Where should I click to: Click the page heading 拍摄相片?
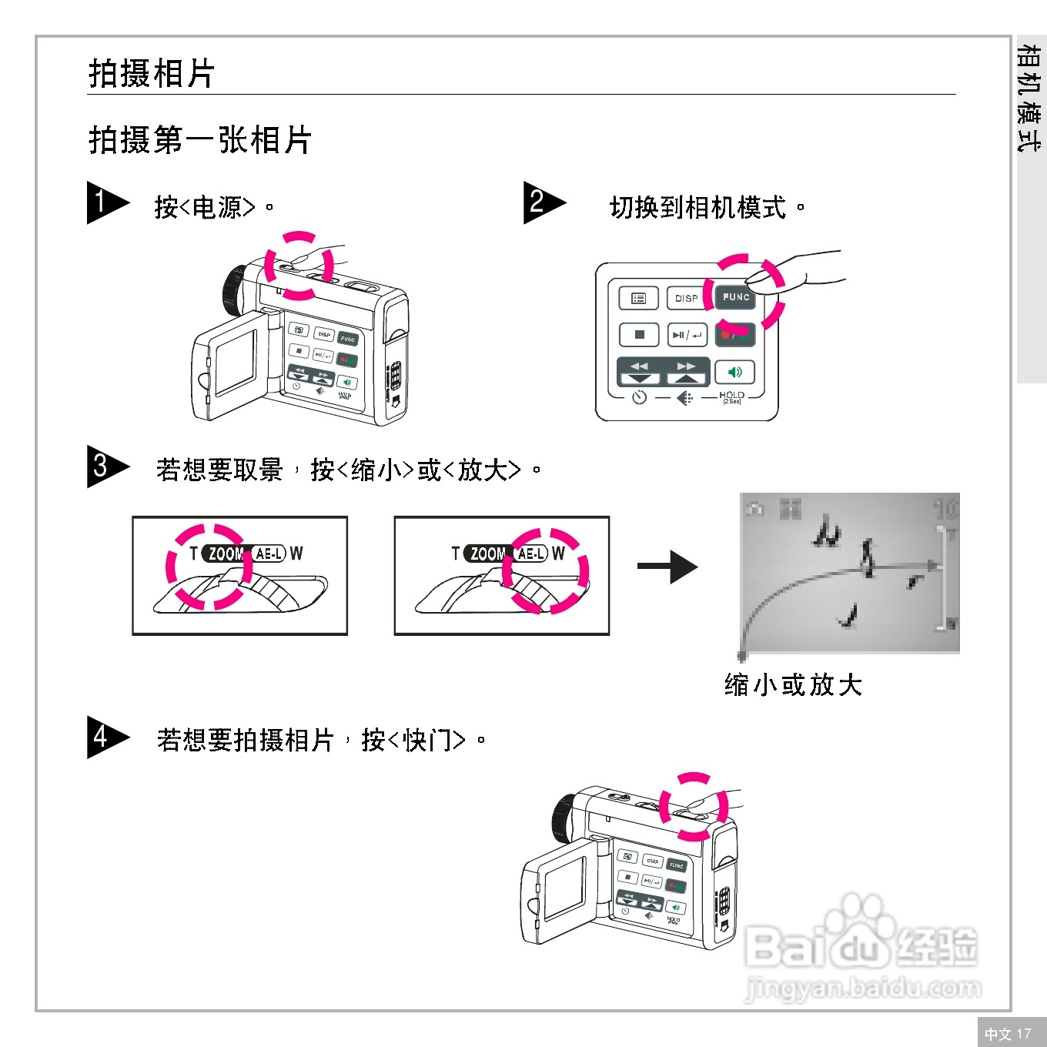[x=152, y=74]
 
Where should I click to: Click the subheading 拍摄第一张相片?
[x=199, y=140]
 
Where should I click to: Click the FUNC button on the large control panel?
[x=735, y=297]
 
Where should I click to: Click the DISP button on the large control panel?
[x=686, y=298]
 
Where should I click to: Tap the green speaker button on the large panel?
[x=734, y=373]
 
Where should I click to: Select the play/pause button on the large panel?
[x=686, y=335]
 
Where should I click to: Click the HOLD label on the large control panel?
[x=731, y=396]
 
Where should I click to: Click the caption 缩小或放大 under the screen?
[x=793, y=684]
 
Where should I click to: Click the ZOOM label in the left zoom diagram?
[x=226, y=554]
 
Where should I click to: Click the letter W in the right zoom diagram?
[x=558, y=554]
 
